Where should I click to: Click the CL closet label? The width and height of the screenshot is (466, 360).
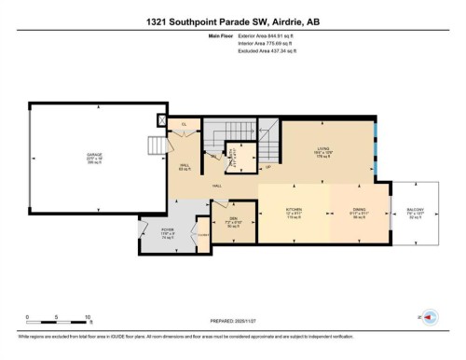[185, 123]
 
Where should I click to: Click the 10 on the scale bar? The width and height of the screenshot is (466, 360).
[88, 318]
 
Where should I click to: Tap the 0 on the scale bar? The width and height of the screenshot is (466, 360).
[28, 318]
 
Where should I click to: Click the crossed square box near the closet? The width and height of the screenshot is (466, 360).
[162, 121]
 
